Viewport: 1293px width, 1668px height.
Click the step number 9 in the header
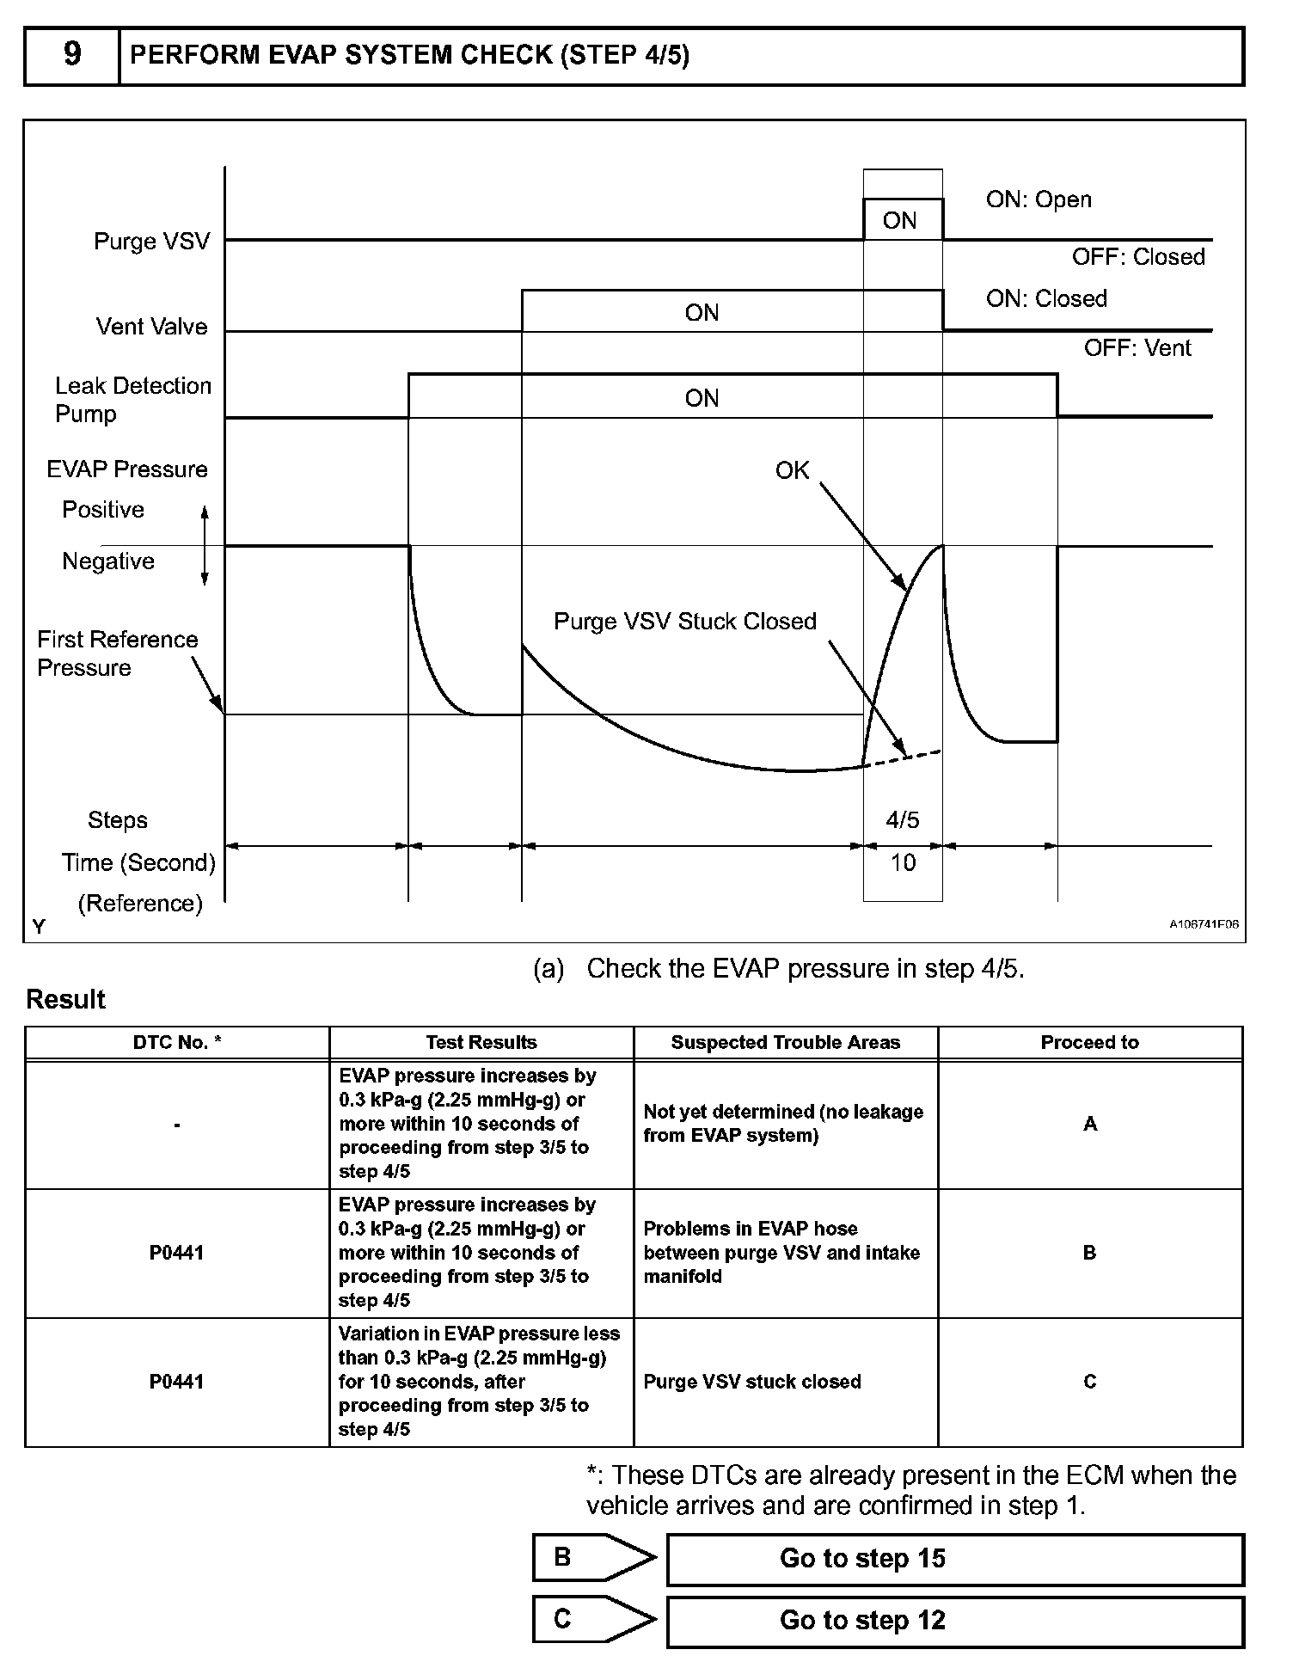72,55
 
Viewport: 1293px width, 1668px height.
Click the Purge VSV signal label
151,241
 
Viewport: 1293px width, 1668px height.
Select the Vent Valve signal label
151,327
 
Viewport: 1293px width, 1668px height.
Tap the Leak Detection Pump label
132,400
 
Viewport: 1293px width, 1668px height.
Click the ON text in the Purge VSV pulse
900,221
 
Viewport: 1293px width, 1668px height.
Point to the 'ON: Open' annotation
1039,199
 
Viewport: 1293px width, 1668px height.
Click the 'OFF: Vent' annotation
1137,348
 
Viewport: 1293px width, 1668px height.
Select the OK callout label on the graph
792,470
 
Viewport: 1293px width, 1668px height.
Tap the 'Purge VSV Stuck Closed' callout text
684,622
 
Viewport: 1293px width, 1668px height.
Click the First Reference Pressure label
117,653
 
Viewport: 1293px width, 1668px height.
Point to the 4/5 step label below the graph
902,820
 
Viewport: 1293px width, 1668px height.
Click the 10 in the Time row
902,863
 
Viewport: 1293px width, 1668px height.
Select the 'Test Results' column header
481,1043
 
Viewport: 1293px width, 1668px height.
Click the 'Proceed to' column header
1089,1043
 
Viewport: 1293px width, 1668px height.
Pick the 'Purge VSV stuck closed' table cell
752,1382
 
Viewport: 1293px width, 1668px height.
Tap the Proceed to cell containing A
1089,1124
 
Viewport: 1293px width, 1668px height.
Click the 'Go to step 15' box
954,1559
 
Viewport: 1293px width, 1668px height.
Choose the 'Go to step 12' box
954,1621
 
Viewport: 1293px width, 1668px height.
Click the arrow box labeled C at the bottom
593,1620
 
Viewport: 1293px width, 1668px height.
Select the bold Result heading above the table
65,999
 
